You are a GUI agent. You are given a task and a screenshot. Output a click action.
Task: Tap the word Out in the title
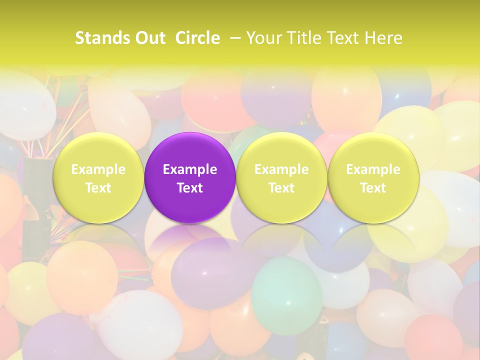(x=148, y=38)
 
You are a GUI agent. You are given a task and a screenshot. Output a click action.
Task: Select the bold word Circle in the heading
(x=197, y=38)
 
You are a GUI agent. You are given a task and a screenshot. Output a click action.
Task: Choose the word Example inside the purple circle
(x=190, y=169)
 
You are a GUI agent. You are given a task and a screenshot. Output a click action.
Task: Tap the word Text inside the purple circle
(x=190, y=188)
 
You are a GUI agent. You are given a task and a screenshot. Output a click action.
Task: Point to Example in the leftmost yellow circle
(x=98, y=169)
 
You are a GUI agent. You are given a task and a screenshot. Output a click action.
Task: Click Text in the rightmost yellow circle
(x=373, y=188)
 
